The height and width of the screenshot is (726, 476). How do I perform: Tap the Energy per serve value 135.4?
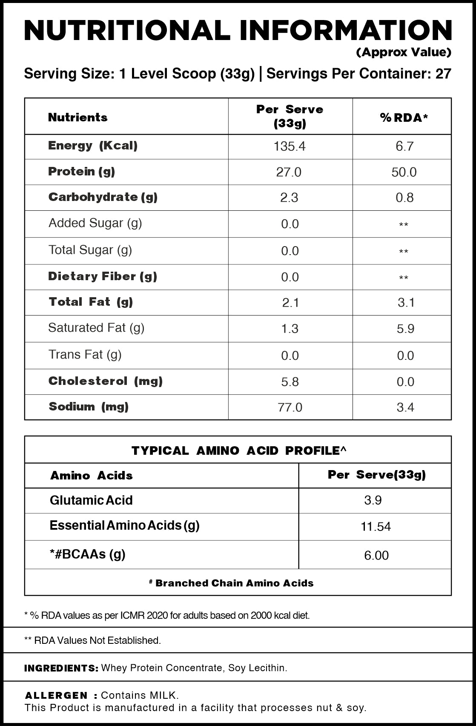point(290,146)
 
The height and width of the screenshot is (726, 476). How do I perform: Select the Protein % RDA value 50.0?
point(404,172)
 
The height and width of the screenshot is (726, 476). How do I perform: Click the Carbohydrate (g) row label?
point(103,197)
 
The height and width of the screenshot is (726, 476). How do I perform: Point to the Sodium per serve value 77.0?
point(290,407)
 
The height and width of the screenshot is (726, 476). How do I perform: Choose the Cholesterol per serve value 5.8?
point(290,382)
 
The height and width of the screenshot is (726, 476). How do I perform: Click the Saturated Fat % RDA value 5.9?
point(405,329)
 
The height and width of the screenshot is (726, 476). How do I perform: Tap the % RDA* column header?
point(404,118)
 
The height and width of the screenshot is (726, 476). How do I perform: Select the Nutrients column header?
point(78,118)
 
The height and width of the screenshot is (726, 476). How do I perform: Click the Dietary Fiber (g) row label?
point(103,276)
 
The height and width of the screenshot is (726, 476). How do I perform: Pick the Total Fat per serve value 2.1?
point(290,303)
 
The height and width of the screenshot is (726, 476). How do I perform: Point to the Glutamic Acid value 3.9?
point(373,500)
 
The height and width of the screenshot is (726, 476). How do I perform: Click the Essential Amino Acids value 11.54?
point(376,527)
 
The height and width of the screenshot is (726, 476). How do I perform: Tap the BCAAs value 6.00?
point(376,555)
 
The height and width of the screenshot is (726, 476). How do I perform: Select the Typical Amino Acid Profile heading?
point(238,451)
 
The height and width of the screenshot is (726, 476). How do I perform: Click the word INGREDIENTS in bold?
point(61,668)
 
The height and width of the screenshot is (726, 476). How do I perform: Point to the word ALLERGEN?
point(56,696)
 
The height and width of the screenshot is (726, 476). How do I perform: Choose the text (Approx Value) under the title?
point(404,52)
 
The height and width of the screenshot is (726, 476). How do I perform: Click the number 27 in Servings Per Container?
point(443,74)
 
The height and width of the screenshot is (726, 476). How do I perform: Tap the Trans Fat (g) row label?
point(85,355)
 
